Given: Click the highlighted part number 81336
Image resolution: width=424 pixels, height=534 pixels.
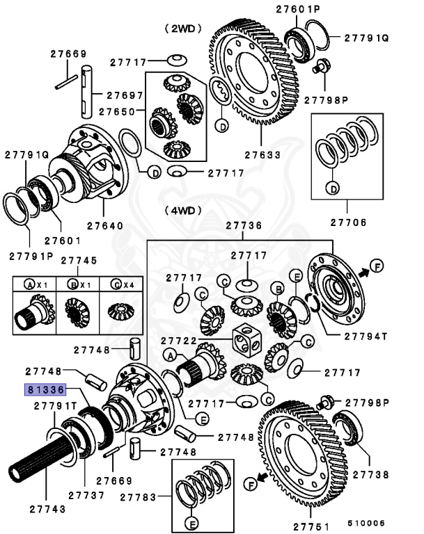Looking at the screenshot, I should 45,389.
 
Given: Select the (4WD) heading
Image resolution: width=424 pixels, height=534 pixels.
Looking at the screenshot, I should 182,209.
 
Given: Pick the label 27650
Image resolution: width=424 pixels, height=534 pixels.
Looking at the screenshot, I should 116,111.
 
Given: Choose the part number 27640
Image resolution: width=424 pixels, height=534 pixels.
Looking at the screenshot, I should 105,225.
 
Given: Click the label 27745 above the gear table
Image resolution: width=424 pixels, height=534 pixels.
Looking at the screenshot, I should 79,260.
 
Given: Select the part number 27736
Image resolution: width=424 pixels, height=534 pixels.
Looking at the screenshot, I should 244,225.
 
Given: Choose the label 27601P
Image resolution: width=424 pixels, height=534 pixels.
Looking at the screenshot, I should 299,9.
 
